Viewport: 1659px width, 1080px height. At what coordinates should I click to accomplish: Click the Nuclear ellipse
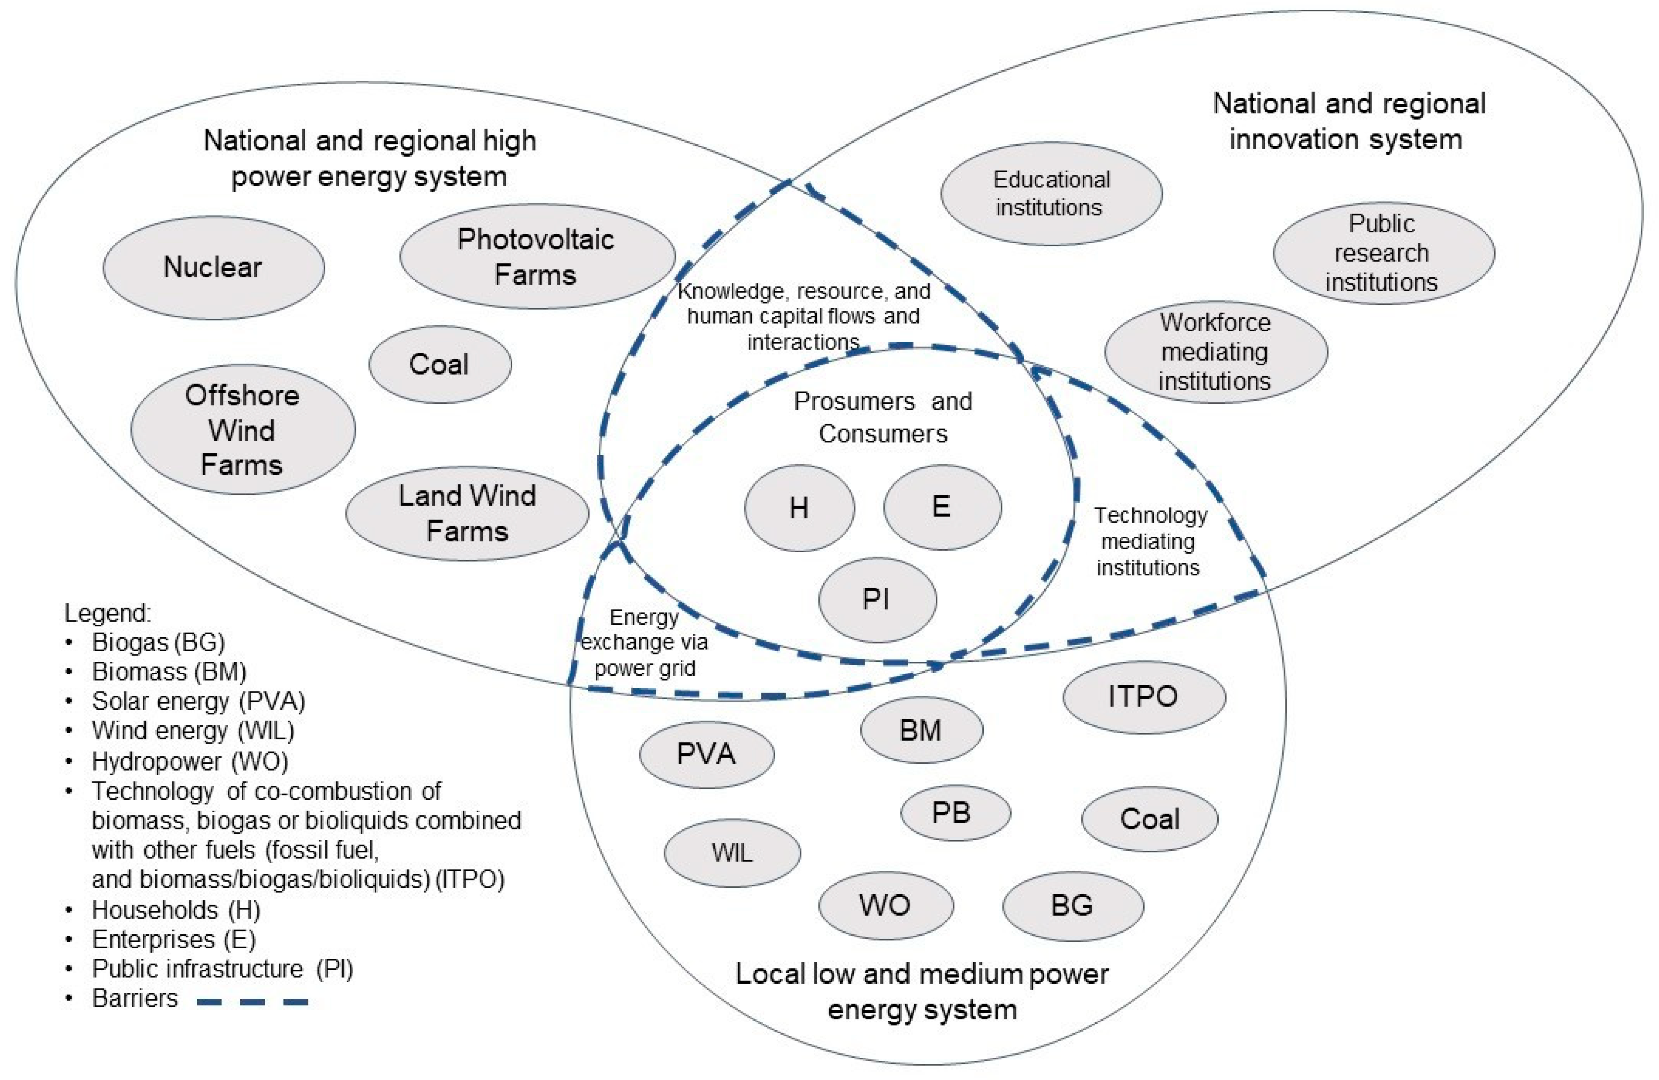[x=213, y=267]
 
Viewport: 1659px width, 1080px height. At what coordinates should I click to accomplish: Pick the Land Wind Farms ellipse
[x=467, y=514]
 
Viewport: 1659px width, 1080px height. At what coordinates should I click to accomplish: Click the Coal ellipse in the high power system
[x=440, y=364]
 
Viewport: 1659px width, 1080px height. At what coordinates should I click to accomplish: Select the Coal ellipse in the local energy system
[x=1149, y=819]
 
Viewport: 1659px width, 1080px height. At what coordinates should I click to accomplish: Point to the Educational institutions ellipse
[x=1051, y=194]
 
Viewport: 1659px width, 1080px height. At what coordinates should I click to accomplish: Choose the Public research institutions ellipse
[x=1383, y=253]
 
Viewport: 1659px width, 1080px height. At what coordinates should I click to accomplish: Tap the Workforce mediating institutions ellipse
[x=1216, y=352]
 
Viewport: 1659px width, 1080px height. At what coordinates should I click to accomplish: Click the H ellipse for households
[x=800, y=508]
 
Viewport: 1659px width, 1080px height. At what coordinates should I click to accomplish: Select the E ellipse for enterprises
[x=942, y=507]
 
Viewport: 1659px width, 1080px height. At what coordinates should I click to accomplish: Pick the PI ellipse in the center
[x=877, y=599]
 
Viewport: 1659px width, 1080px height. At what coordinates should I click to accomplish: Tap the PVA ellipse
[x=706, y=754]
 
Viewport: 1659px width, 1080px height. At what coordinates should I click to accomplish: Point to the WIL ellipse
[x=732, y=853]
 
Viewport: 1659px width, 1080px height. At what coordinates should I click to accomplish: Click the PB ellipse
[x=955, y=813]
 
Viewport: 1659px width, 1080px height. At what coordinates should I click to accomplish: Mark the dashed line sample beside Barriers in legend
[x=252, y=1002]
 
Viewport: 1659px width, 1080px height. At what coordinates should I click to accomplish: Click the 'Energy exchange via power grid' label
[x=644, y=642]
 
